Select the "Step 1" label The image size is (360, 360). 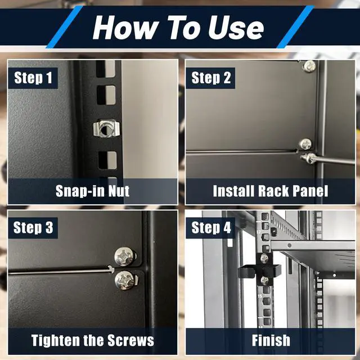(x=33, y=78)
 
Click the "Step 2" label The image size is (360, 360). (x=211, y=78)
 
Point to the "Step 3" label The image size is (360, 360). (x=33, y=227)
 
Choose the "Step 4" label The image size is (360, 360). (x=211, y=227)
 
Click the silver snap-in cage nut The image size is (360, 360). (x=106, y=129)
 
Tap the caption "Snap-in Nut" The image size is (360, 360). (x=92, y=191)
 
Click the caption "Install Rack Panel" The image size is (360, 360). (x=270, y=191)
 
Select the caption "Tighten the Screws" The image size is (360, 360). (x=92, y=340)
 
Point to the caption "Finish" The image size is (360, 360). (x=271, y=340)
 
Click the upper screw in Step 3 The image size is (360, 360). (x=125, y=256)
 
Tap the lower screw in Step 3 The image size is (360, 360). (x=125, y=280)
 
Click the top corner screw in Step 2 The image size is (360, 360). (x=309, y=66)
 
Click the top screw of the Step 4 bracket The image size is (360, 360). (x=264, y=258)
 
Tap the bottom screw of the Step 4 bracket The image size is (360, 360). (x=265, y=280)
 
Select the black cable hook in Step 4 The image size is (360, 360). (x=259, y=271)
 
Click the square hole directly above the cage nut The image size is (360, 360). (x=106, y=95)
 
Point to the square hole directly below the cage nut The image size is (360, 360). (x=107, y=160)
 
